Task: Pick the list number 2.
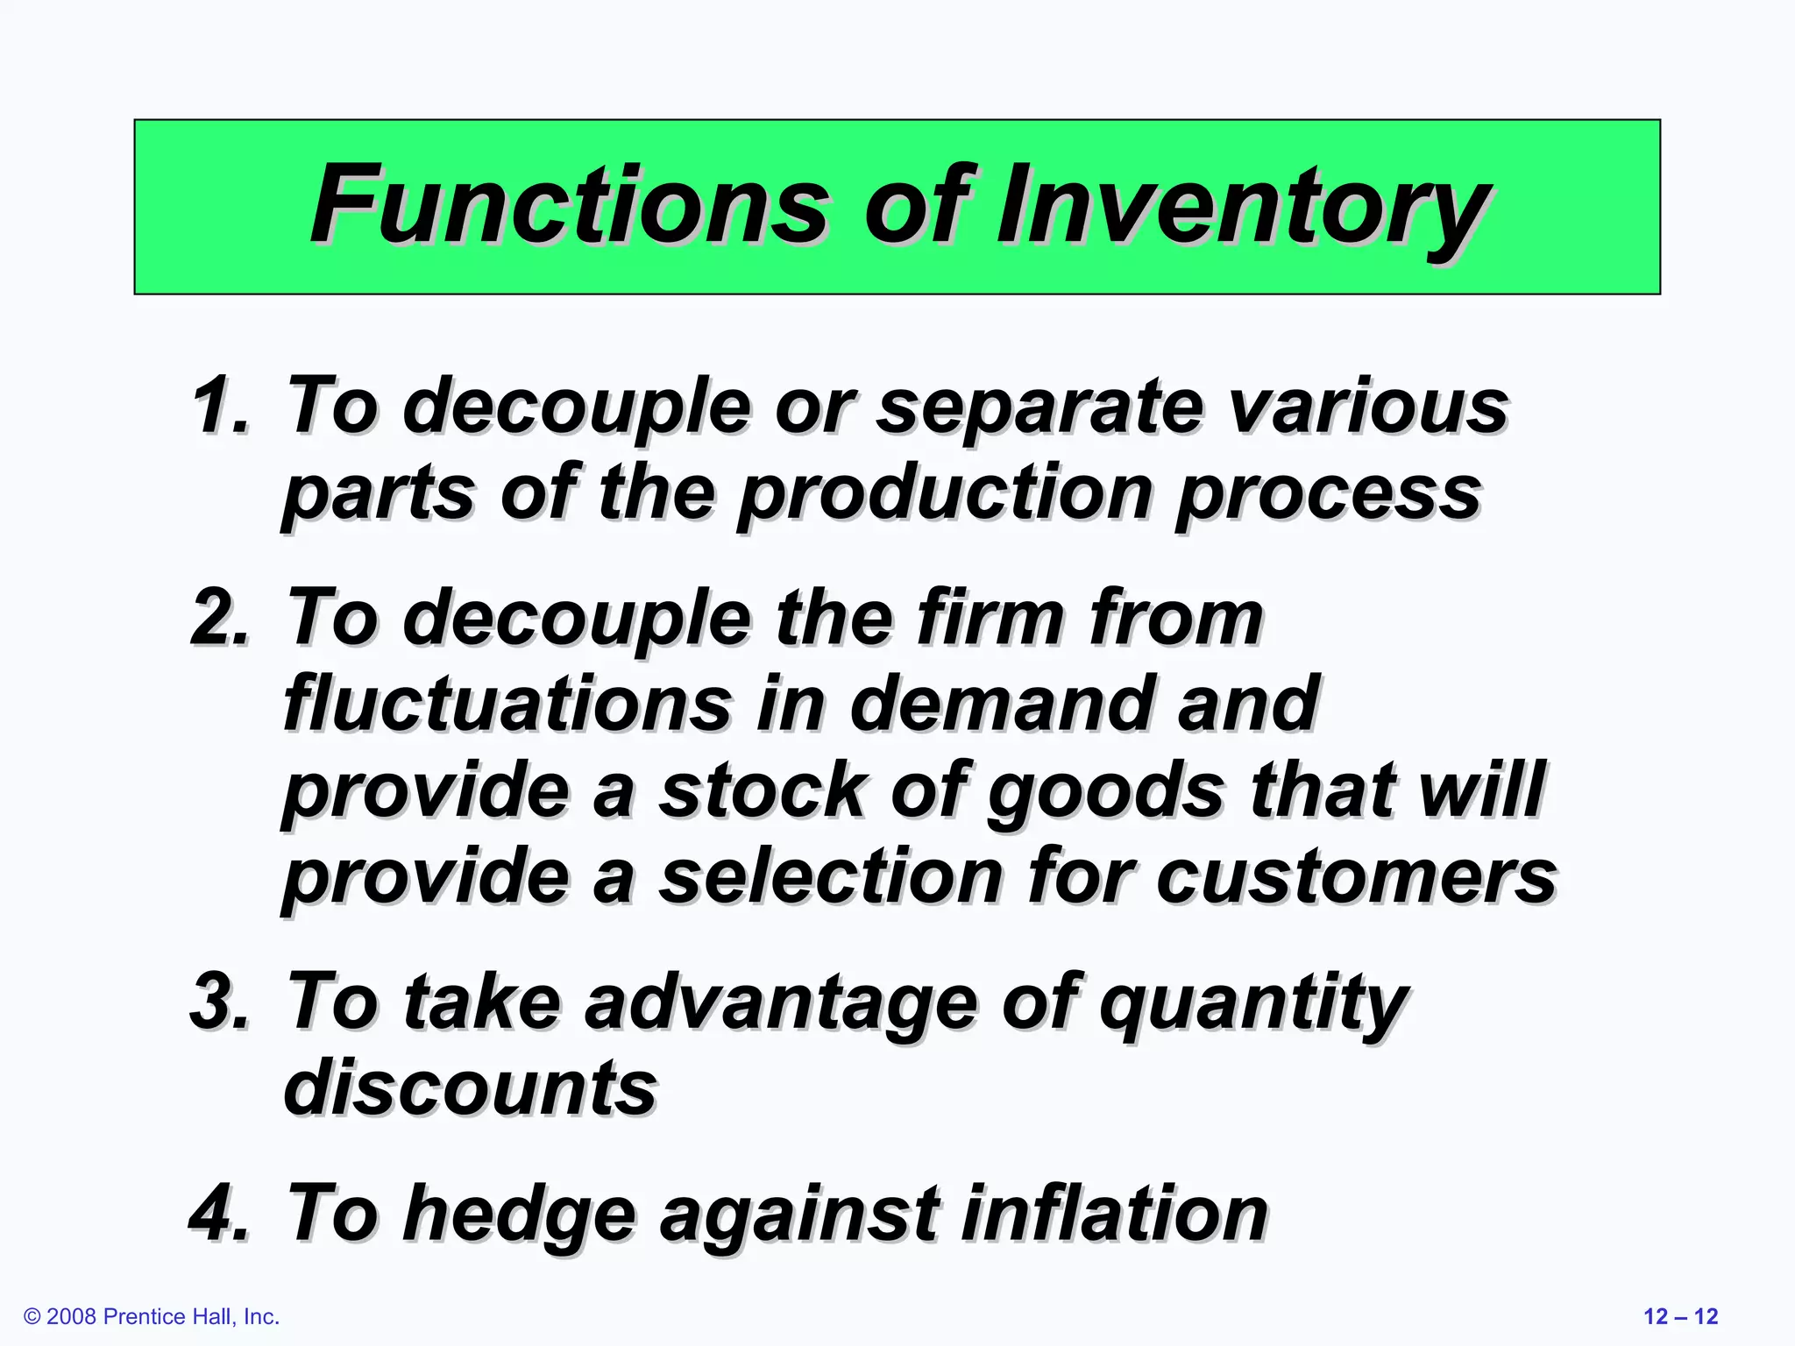tap(220, 618)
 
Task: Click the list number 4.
tap(220, 1214)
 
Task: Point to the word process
tap(1329, 494)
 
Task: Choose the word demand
tap(1000, 703)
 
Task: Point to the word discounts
tap(470, 1087)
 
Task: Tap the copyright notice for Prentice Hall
tap(152, 1317)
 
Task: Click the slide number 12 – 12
tap(1680, 1317)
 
